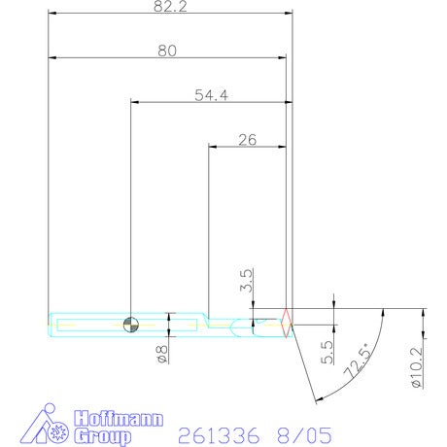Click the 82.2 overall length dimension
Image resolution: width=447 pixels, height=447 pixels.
[x=170, y=7]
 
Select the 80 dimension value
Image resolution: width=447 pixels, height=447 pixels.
[x=167, y=51]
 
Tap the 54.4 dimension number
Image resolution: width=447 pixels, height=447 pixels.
[x=211, y=95]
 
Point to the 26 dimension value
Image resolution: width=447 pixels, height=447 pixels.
[x=248, y=140]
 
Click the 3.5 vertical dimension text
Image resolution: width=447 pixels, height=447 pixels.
[x=246, y=281]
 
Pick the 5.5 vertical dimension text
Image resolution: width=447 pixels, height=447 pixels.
[x=327, y=352]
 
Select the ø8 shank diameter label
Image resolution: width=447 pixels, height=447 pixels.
[x=162, y=354]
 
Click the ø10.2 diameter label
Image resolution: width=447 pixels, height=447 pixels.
[x=417, y=367]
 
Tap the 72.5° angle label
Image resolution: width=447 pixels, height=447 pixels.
[x=358, y=361]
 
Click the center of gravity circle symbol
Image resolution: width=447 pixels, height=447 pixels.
[x=131, y=325]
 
